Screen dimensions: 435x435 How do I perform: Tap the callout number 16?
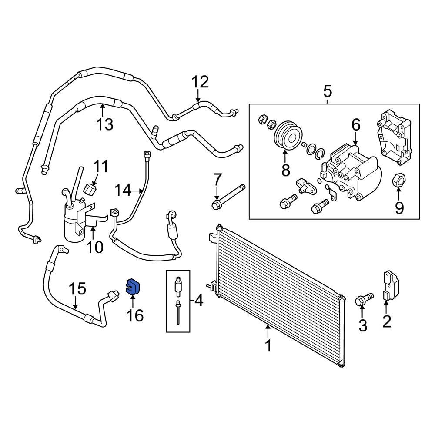click(135, 315)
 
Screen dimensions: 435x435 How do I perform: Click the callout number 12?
click(201, 82)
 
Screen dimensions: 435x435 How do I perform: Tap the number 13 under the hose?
click(105, 125)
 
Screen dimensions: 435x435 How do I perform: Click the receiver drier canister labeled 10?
click(75, 222)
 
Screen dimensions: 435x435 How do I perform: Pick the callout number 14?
click(122, 190)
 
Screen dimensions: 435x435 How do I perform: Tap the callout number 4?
click(198, 300)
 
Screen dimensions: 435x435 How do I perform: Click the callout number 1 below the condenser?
click(268, 346)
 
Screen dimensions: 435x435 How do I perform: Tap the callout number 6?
click(356, 125)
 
